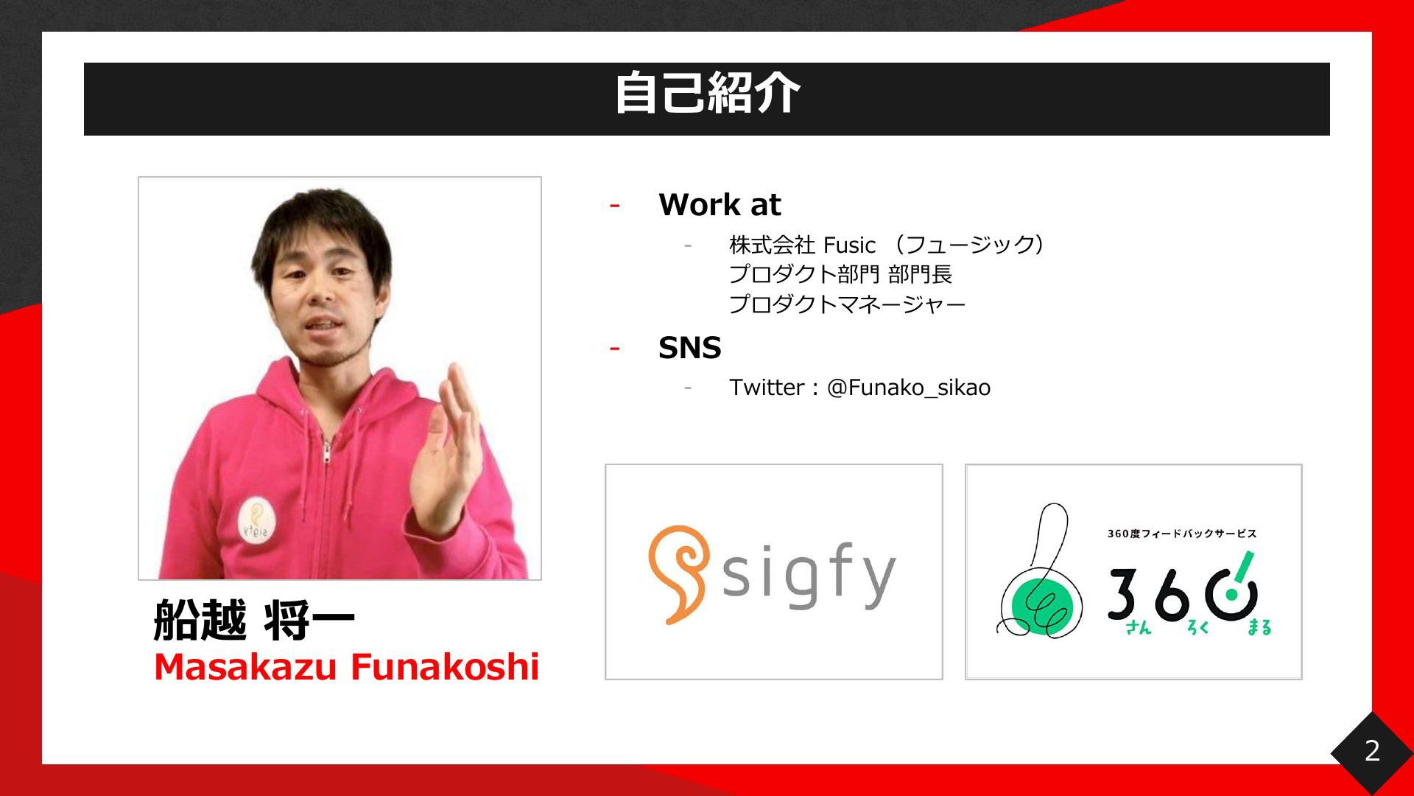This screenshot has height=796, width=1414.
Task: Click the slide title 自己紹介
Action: coord(707,94)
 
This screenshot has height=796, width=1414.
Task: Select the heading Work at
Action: coord(720,204)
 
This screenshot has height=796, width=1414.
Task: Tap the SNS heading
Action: coord(690,347)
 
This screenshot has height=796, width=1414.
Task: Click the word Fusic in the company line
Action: coord(849,245)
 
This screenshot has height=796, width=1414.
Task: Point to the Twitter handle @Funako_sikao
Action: coord(909,388)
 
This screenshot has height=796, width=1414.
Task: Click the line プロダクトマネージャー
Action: coord(847,304)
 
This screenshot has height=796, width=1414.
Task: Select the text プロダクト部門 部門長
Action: coord(840,274)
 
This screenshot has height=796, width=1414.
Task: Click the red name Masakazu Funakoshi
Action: coord(347,666)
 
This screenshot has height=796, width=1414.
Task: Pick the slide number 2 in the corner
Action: coord(1372,750)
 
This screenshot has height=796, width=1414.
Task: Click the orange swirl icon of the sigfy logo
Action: coord(678,574)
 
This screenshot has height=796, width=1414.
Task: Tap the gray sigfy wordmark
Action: coord(809,576)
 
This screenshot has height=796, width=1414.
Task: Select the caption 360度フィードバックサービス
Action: coord(1182,534)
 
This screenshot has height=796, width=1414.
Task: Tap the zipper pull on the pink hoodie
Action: coord(326,450)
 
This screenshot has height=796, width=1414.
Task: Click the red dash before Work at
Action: coord(614,205)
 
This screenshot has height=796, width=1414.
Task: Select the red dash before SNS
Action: coord(614,348)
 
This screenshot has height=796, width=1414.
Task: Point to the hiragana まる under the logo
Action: coord(1259,627)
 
